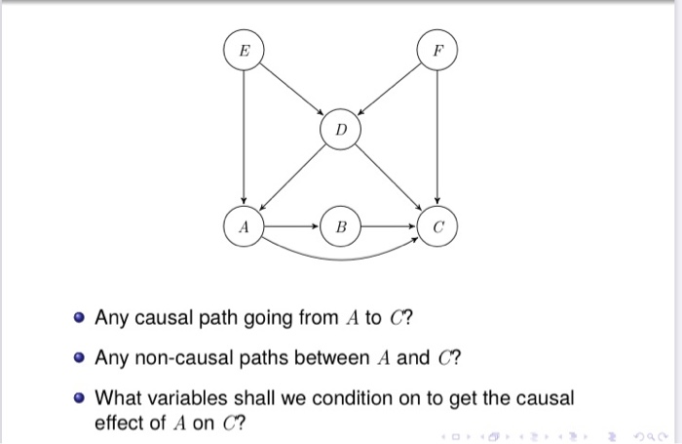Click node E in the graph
[x=244, y=48]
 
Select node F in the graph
[x=436, y=48]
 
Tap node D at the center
[x=340, y=130]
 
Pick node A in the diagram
[x=244, y=225]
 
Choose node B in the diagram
[x=340, y=225]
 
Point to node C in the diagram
[x=437, y=225]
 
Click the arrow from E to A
[x=244, y=137]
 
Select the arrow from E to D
[x=292, y=89]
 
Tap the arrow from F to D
[x=388, y=89]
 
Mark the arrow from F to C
[x=437, y=137]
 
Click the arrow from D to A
[x=292, y=178]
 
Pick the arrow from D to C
[x=389, y=178]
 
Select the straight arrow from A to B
[x=291, y=225]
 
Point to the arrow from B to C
[x=389, y=225]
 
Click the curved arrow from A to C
[x=340, y=258]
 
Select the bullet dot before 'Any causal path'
[x=78, y=319]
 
